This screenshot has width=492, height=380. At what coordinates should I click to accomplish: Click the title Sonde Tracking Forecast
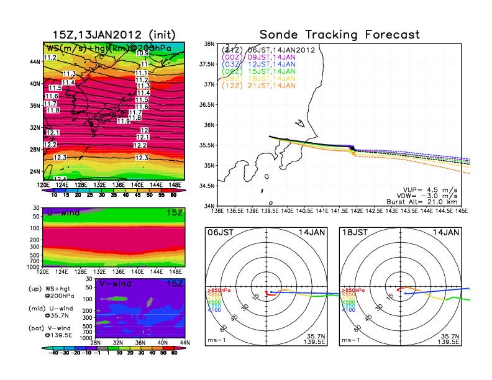339,35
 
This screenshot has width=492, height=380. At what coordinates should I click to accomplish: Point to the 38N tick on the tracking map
209,44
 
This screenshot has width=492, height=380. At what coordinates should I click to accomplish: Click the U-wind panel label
63,213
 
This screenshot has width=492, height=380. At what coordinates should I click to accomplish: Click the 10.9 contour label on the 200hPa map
143,53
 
